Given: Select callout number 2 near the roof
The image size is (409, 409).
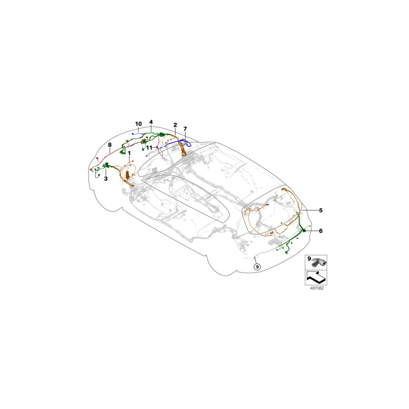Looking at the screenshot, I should point(175,125).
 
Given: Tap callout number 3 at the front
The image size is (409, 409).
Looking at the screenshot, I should point(106,179).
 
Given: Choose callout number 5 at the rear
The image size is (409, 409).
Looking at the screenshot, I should point(320,210).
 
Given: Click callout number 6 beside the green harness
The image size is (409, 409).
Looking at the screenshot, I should point(320,231).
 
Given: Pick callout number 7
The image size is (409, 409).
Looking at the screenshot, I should point(185,129).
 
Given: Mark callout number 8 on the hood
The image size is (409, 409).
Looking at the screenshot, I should point(110,145).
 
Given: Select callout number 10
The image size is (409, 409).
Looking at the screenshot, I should point(138,124).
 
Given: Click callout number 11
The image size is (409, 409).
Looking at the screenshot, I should point(149,148).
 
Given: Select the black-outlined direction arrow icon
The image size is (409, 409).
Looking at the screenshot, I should point(315,276).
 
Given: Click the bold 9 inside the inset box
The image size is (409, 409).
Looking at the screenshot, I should point(309,259).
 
